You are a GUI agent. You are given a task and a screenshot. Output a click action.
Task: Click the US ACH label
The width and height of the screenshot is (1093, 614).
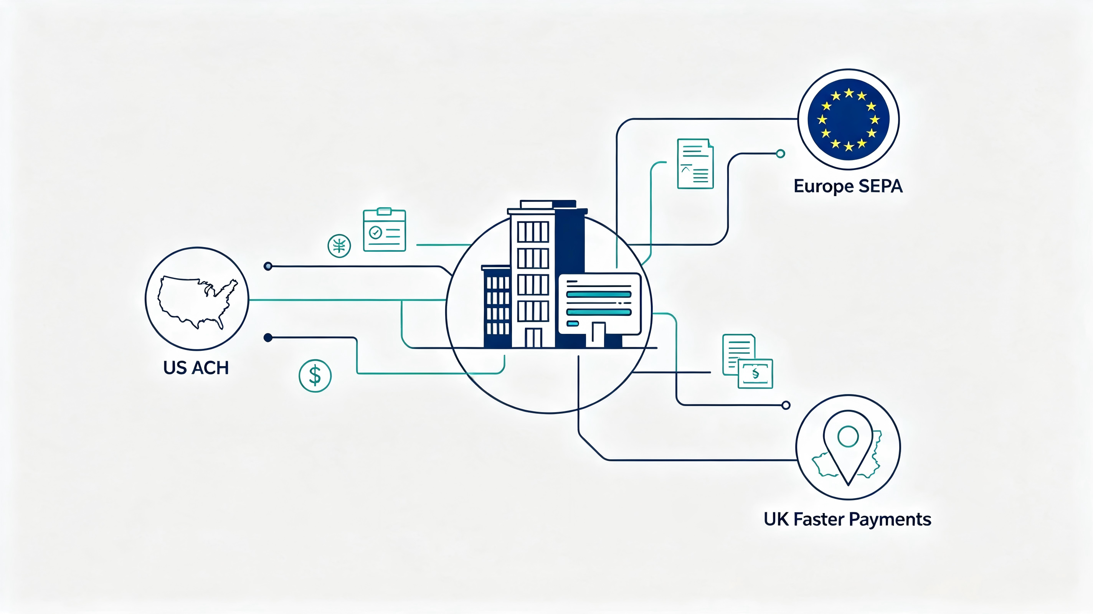pos(196,368)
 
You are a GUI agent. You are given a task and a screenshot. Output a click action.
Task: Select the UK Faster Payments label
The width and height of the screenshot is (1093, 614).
pos(847,519)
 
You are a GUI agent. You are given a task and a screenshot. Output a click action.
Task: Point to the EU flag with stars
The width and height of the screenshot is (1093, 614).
pos(849,119)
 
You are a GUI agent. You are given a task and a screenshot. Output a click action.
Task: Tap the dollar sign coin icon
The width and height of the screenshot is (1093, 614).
pos(315,376)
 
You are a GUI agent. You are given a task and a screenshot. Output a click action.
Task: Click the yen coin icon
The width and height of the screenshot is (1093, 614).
pos(339,246)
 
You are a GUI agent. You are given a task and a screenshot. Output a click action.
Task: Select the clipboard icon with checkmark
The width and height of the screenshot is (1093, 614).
pos(385,229)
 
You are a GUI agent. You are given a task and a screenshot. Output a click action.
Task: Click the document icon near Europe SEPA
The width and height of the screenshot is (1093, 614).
pos(695,163)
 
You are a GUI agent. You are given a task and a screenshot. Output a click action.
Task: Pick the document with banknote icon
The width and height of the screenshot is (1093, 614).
pos(748,361)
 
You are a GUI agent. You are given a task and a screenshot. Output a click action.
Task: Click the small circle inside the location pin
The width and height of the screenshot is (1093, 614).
pos(848,436)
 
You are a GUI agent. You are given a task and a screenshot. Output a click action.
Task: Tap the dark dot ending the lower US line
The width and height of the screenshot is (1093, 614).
pos(268,338)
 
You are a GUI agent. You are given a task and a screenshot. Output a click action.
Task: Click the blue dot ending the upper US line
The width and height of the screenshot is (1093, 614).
pos(268,266)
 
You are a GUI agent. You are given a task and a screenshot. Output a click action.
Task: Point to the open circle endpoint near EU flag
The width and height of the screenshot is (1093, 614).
pos(780,153)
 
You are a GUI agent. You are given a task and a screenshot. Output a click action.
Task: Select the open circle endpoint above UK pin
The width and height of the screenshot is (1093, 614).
pos(786,405)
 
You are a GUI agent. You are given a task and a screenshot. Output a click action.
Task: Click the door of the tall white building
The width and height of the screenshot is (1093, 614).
pos(533,338)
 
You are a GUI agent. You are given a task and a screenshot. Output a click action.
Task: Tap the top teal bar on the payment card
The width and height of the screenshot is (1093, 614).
pos(599,294)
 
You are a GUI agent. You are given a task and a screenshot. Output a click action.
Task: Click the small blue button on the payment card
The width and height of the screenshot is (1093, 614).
pos(573,324)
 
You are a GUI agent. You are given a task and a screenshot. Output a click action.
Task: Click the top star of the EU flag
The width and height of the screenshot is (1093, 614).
pos(849,93)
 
